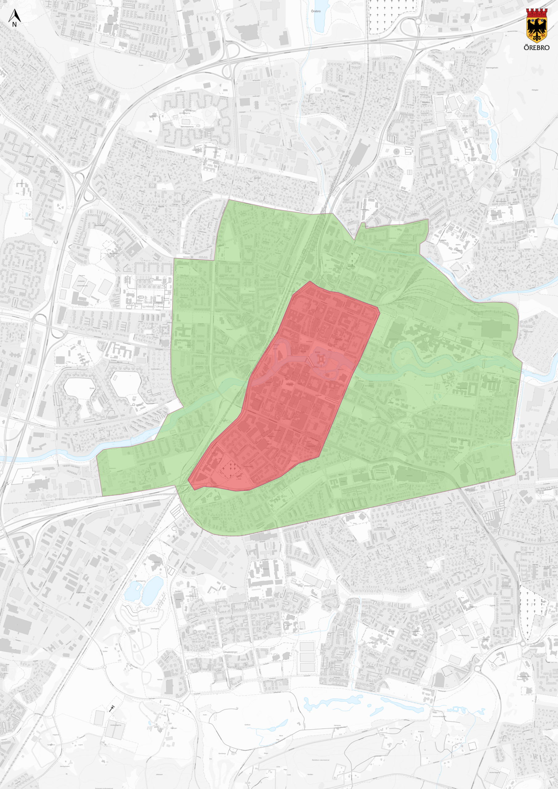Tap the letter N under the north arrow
(14, 24)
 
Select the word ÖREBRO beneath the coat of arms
(536, 48)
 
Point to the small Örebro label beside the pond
(316, 11)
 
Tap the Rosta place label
(92, 388)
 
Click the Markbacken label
(100, 225)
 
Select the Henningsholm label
(492, 68)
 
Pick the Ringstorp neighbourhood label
(426, 102)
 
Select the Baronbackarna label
(187, 126)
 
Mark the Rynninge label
(502, 270)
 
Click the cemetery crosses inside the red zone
(231, 467)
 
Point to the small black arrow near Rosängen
(111, 708)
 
